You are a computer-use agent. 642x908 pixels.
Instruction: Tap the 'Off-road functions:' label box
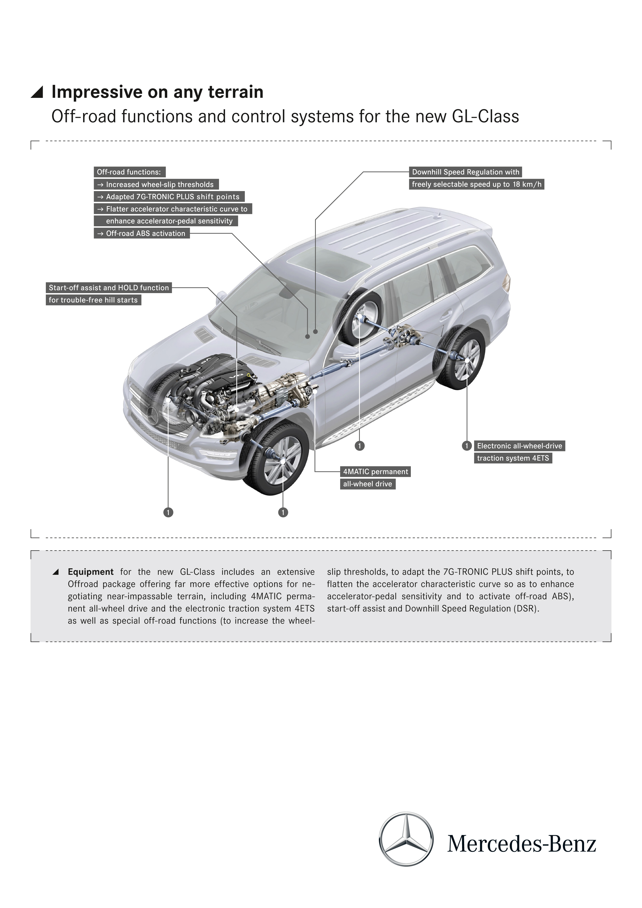point(129,172)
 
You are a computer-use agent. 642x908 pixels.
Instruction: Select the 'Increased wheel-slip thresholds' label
point(156,184)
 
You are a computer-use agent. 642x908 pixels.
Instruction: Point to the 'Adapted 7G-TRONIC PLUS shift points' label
point(169,197)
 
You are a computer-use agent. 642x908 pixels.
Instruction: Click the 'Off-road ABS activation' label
point(142,233)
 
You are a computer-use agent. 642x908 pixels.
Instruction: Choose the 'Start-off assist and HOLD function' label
point(109,287)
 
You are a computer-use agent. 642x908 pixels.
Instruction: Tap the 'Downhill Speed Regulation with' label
point(465,172)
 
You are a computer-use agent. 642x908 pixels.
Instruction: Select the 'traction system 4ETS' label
point(513,458)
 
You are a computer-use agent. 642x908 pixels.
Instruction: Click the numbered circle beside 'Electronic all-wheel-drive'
point(466,446)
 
